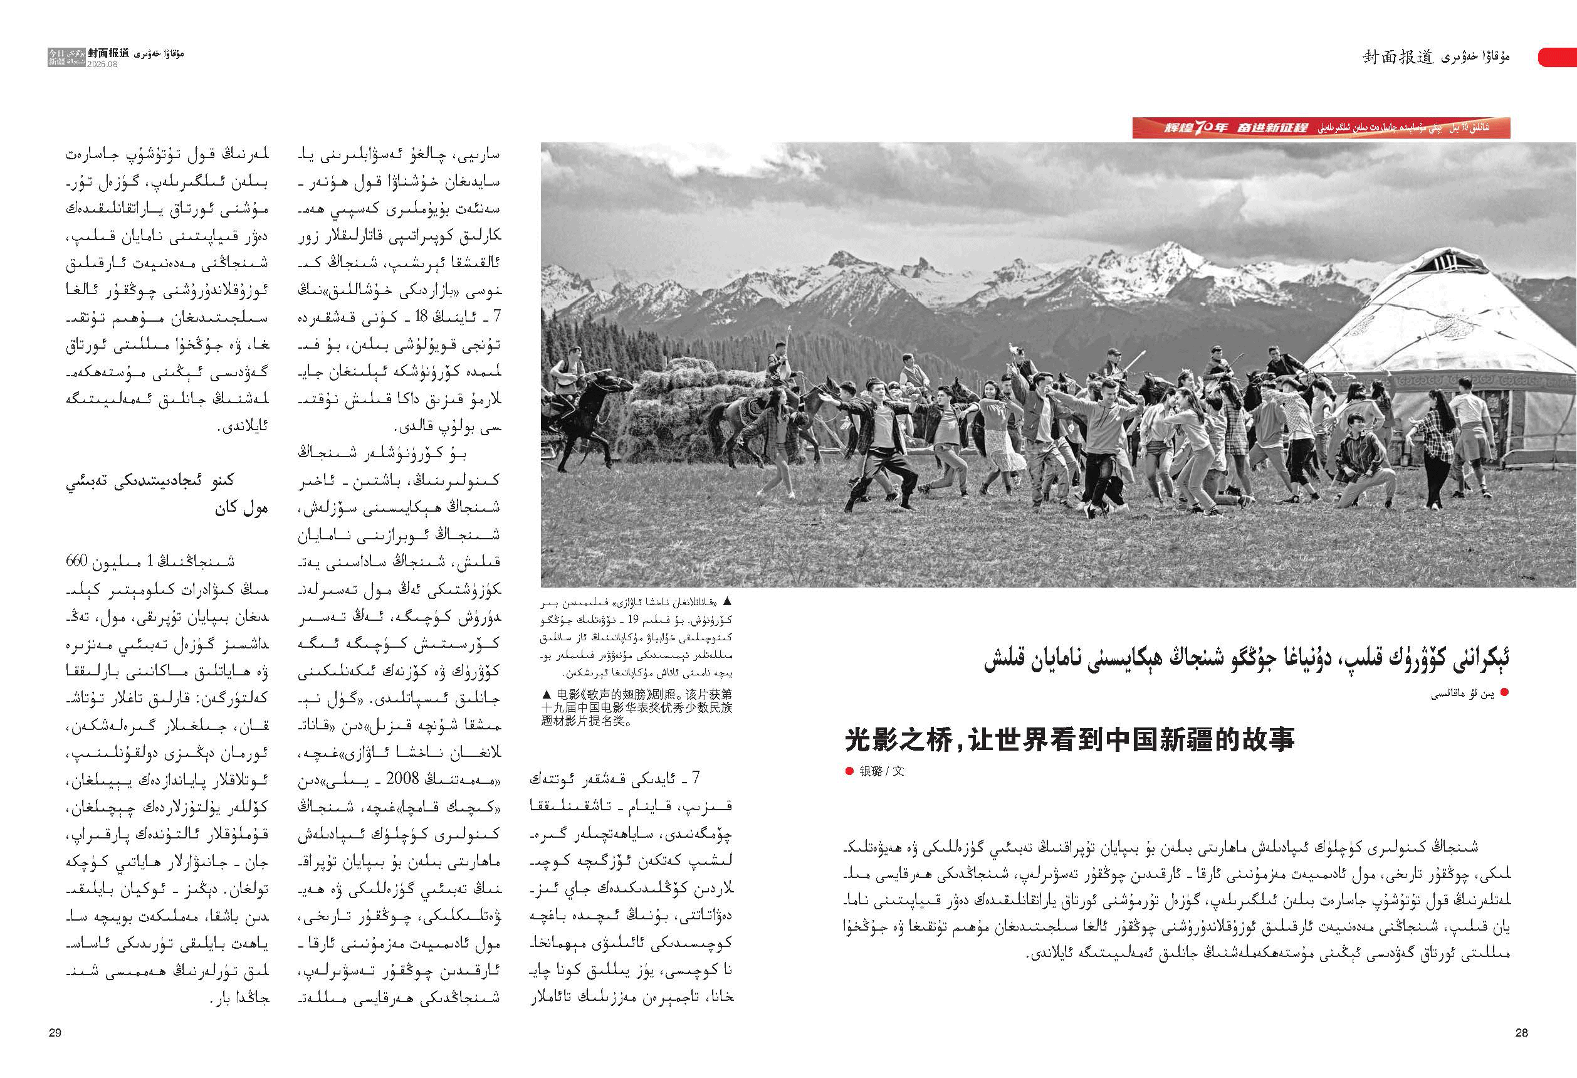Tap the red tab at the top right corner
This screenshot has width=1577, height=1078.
[x=1557, y=57]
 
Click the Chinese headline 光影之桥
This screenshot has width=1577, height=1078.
[x=1069, y=739]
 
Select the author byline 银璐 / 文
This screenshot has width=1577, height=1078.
[x=881, y=771]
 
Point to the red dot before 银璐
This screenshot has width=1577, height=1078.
[x=849, y=771]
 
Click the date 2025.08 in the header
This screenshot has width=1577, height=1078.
[x=102, y=65]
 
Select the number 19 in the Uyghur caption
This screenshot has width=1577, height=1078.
[x=632, y=619]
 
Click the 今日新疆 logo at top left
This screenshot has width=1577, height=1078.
[x=57, y=57]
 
